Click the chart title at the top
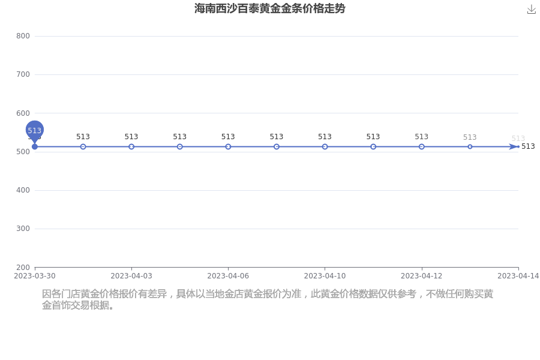269,8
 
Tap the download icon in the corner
532,10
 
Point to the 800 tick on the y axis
23,36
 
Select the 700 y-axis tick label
23,74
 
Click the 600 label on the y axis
23,113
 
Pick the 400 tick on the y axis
23,190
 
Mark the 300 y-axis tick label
23,229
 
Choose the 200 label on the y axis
23,267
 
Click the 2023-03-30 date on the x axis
35,276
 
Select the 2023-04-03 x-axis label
131,276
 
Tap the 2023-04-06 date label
228,276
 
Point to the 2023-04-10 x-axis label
325,276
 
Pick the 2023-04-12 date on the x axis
422,276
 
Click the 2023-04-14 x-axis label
518,276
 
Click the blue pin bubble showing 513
35,130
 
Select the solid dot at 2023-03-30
35,147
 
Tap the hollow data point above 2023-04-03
131,147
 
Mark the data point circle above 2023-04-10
325,147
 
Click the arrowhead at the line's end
513,147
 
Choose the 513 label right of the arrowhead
528,146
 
